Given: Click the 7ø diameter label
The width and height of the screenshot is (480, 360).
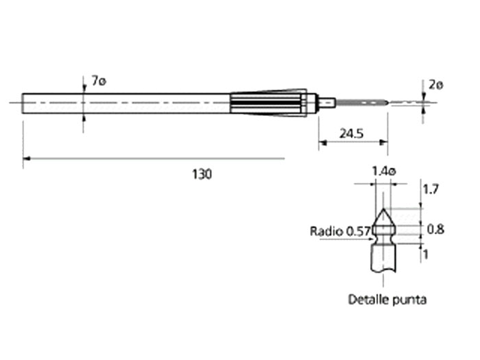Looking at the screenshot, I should [99, 82].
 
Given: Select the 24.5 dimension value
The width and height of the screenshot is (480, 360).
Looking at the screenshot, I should [350, 133].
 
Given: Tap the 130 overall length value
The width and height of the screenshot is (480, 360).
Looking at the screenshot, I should [202, 174].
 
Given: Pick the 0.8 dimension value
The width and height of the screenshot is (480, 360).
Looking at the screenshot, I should [435, 230].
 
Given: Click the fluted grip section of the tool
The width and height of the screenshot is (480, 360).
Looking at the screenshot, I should [267, 103].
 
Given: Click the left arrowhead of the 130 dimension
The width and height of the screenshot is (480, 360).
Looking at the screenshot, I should [26, 158].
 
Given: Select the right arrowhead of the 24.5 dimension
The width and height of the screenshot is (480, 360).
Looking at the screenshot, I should [385, 143].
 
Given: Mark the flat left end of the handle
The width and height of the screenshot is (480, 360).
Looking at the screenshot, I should [23, 103].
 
